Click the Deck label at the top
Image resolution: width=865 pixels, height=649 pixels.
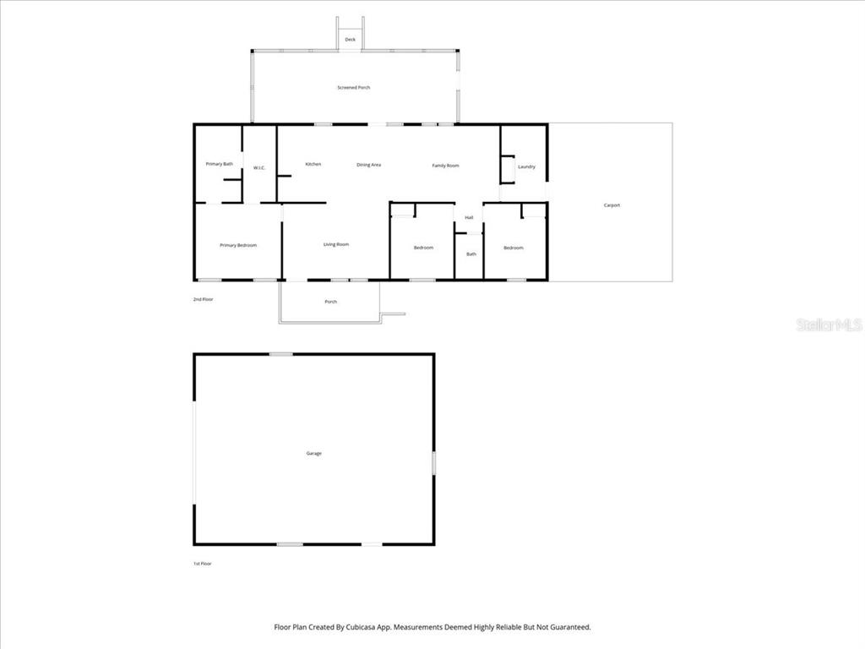click(350, 40)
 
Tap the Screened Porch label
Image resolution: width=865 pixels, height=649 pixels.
click(354, 87)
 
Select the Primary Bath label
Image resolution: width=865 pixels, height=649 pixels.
click(220, 164)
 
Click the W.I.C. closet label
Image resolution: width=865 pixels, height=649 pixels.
click(259, 167)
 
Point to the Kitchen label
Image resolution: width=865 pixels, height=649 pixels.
click(313, 164)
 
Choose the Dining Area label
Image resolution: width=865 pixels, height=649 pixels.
click(368, 165)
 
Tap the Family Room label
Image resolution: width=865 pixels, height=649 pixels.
click(445, 166)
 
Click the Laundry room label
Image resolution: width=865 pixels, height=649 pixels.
click(526, 166)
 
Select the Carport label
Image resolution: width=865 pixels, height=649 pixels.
click(612, 205)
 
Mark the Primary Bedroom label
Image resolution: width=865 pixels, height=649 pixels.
click(238, 245)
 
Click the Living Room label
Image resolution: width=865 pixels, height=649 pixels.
click(336, 244)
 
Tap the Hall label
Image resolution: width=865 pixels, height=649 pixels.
click(469, 217)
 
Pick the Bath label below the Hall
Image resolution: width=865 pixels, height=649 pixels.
click(471, 254)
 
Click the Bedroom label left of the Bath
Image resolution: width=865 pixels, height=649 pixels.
click(423, 248)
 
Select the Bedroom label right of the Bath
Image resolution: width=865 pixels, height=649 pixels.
click(514, 248)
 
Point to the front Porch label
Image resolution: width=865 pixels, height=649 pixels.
click(331, 302)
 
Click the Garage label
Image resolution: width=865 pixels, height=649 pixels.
click(313, 454)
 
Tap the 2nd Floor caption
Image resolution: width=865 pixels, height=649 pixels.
click(203, 299)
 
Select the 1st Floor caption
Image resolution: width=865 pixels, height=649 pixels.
click(203, 563)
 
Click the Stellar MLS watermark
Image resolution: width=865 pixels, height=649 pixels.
click(829, 324)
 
